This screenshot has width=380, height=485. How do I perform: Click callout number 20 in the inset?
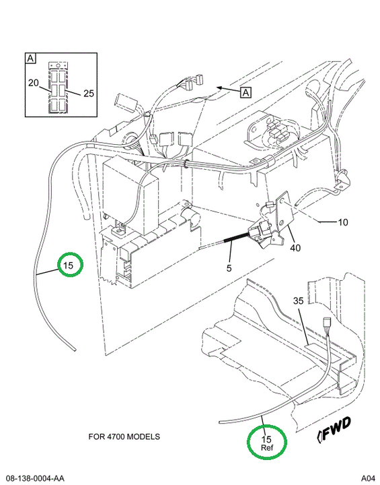click(34, 83)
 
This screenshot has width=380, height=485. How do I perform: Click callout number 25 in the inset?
click(89, 94)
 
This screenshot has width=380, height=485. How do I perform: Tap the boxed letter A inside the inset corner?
click(30, 58)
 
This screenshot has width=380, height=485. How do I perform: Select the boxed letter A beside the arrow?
click(245, 92)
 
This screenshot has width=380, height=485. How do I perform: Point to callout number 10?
click(342, 222)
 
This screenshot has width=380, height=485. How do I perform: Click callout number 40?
click(295, 248)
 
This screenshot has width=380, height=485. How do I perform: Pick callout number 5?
click(229, 268)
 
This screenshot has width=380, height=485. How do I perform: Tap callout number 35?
click(298, 300)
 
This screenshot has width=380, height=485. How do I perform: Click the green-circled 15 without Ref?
click(69, 265)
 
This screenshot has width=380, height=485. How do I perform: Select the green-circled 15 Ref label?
click(266, 443)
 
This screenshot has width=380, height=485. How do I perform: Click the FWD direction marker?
click(334, 428)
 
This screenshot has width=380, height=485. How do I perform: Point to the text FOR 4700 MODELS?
click(124, 437)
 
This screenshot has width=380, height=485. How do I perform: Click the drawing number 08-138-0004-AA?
click(35, 478)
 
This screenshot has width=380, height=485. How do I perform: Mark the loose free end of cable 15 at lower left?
click(74, 350)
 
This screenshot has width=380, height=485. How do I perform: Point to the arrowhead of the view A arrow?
click(219, 88)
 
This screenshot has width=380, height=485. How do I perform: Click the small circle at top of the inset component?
click(58, 66)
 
